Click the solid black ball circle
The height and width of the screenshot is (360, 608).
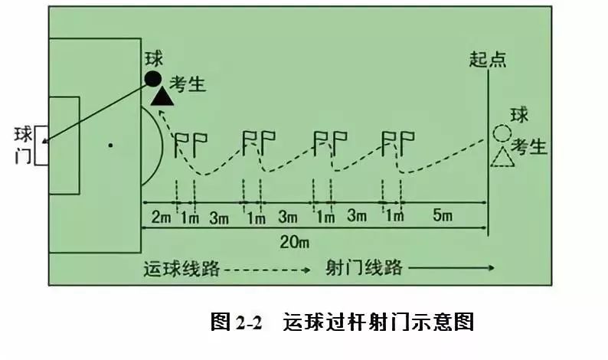(x=153, y=78)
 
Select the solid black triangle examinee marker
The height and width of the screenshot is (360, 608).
(x=162, y=96)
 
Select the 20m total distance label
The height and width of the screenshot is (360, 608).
(x=293, y=243)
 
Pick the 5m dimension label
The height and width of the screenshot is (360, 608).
(x=443, y=217)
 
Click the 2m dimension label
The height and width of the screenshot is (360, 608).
(x=161, y=217)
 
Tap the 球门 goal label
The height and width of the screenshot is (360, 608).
(x=24, y=146)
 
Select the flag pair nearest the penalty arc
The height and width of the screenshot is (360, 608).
(x=191, y=141)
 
